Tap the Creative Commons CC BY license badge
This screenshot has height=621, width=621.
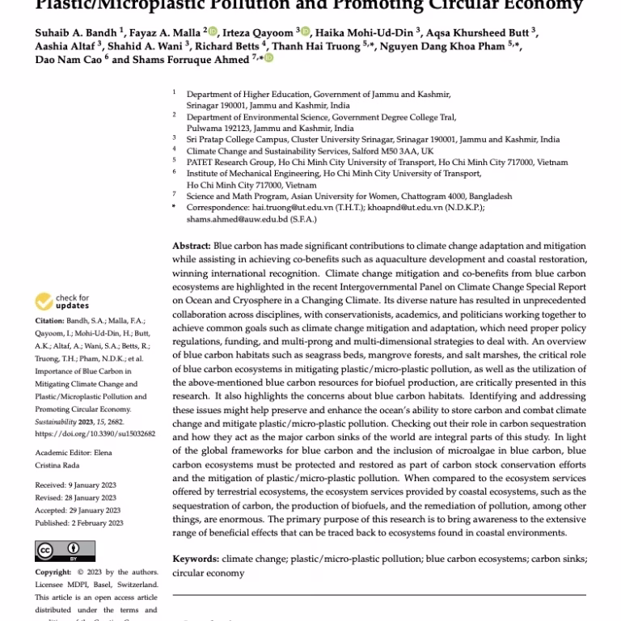(x=53, y=550)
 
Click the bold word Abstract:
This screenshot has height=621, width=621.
(x=191, y=245)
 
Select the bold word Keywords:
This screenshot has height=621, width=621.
(x=196, y=559)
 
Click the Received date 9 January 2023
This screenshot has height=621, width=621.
(x=78, y=484)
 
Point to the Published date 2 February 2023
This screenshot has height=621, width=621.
(x=78, y=523)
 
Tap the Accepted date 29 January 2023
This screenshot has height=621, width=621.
(x=78, y=510)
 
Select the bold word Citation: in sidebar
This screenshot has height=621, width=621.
(x=49, y=320)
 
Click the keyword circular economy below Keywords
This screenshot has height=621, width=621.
(x=208, y=572)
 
